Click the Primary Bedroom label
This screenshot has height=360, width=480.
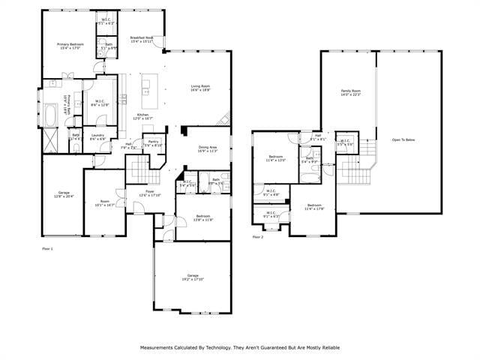70,46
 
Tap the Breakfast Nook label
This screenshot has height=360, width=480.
141,40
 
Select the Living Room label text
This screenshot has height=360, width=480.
200,88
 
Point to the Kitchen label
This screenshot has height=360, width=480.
142,116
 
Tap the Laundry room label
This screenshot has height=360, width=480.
97,137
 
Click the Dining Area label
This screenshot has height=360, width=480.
208,148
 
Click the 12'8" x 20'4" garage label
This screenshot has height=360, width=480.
64,194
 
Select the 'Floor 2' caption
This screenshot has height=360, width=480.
258,237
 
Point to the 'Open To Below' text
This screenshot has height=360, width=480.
403,139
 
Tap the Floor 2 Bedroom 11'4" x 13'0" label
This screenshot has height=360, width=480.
277,158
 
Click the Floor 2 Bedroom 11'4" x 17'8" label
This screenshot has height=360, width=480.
314,207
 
